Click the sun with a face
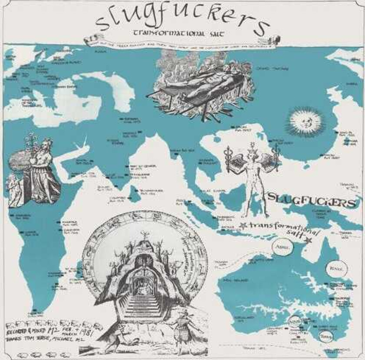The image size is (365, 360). click(x=306, y=122)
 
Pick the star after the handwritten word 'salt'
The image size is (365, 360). click(x=310, y=240)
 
